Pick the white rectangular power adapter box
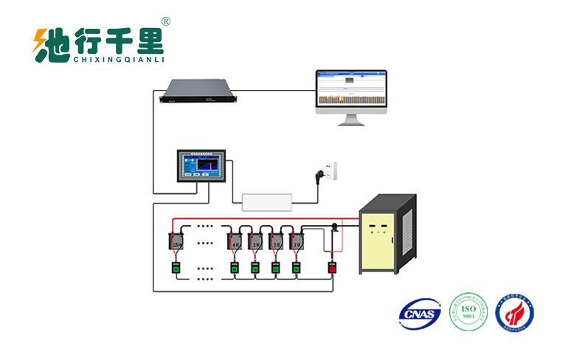[267, 199]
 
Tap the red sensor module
[332, 268]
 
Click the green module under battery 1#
[297, 268]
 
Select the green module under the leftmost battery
[177, 268]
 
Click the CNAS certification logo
[419, 314]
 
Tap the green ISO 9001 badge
[470, 313]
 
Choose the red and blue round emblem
[516, 313]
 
